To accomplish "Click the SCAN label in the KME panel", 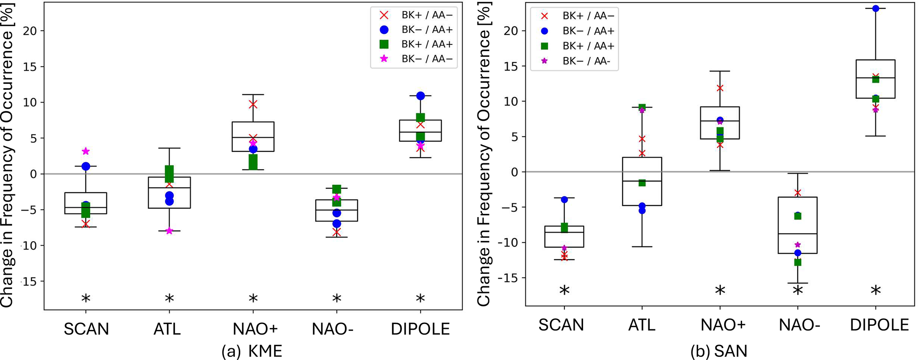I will pos(86,329).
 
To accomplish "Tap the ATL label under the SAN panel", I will pos(642,325).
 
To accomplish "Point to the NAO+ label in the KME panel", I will pos(255,329).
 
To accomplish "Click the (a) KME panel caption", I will pos(252,351).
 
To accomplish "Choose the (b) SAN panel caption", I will pos(719,351).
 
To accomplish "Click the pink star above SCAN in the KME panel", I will pos(86,151).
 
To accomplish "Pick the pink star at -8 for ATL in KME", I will pos(169,231).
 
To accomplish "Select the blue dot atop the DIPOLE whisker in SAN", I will pos(875,8).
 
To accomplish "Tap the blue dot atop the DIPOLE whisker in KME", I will pos(421,96).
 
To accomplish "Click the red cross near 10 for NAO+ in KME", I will pos(253,104).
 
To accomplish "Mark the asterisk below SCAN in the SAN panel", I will pos(564,291).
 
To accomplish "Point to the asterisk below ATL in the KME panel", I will pos(169,298).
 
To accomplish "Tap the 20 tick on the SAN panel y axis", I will pos(512,31).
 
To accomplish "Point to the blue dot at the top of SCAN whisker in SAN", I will pos(564,200).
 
